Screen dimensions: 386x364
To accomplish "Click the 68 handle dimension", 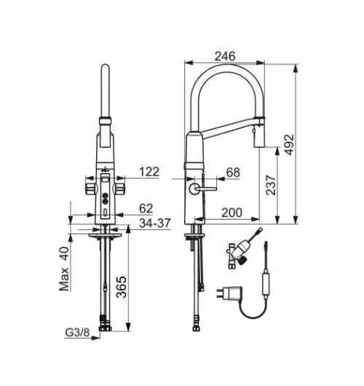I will pyautogui.click(x=233, y=172).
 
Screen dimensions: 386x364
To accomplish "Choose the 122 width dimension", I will pyautogui.click(x=149, y=172).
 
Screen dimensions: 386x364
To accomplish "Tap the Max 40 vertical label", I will pyautogui.click(x=63, y=269).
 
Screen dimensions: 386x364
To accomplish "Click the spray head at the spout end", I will pyautogui.click(x=257, y=134).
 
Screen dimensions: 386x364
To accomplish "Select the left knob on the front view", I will pyautogui.click(x=89, y=188).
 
